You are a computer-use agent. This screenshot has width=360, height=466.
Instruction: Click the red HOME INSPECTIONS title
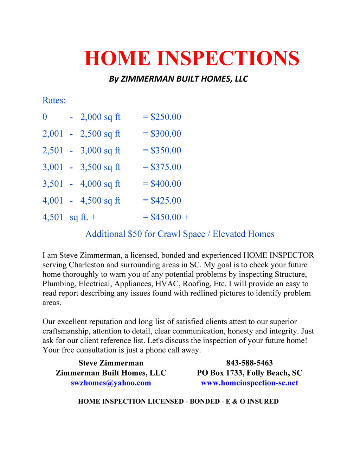tap(192, 58)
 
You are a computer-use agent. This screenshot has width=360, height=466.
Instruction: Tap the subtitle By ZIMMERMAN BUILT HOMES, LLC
tap(178, 79)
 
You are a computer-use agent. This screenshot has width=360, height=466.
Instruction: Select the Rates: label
tap(54, 101)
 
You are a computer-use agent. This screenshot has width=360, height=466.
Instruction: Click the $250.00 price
tap(166, 117)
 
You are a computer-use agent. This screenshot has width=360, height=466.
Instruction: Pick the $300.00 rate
tap(166, 134)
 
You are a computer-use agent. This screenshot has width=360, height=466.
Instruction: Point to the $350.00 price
tap(166, 151)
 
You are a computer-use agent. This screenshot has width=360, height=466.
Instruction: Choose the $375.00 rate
tap(166, 167)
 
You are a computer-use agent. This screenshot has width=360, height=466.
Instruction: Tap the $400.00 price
tap(166, 184)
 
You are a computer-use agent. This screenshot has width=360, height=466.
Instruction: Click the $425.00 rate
tap(166, 200)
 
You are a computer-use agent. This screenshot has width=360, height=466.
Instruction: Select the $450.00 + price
tap(169, 217)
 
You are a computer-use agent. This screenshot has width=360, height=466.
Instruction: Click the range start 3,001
tap(53, 167)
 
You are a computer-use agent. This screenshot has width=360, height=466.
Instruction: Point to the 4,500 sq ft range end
tap(100, 200)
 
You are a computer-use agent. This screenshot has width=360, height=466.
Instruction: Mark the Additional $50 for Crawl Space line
tap(180, 234)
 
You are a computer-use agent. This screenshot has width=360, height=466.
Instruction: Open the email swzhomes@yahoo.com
tap(111, 383)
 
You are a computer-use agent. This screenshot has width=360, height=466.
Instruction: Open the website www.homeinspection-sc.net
tap(250, 383)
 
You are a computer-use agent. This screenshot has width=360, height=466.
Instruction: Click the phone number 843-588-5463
tap(250, 363)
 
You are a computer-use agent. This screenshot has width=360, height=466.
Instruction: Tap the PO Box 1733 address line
tap(250, 373)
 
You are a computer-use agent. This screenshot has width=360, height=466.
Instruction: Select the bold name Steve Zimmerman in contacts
tap(111, 363)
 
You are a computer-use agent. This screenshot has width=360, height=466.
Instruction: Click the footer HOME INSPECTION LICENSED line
tap(178, 401)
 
